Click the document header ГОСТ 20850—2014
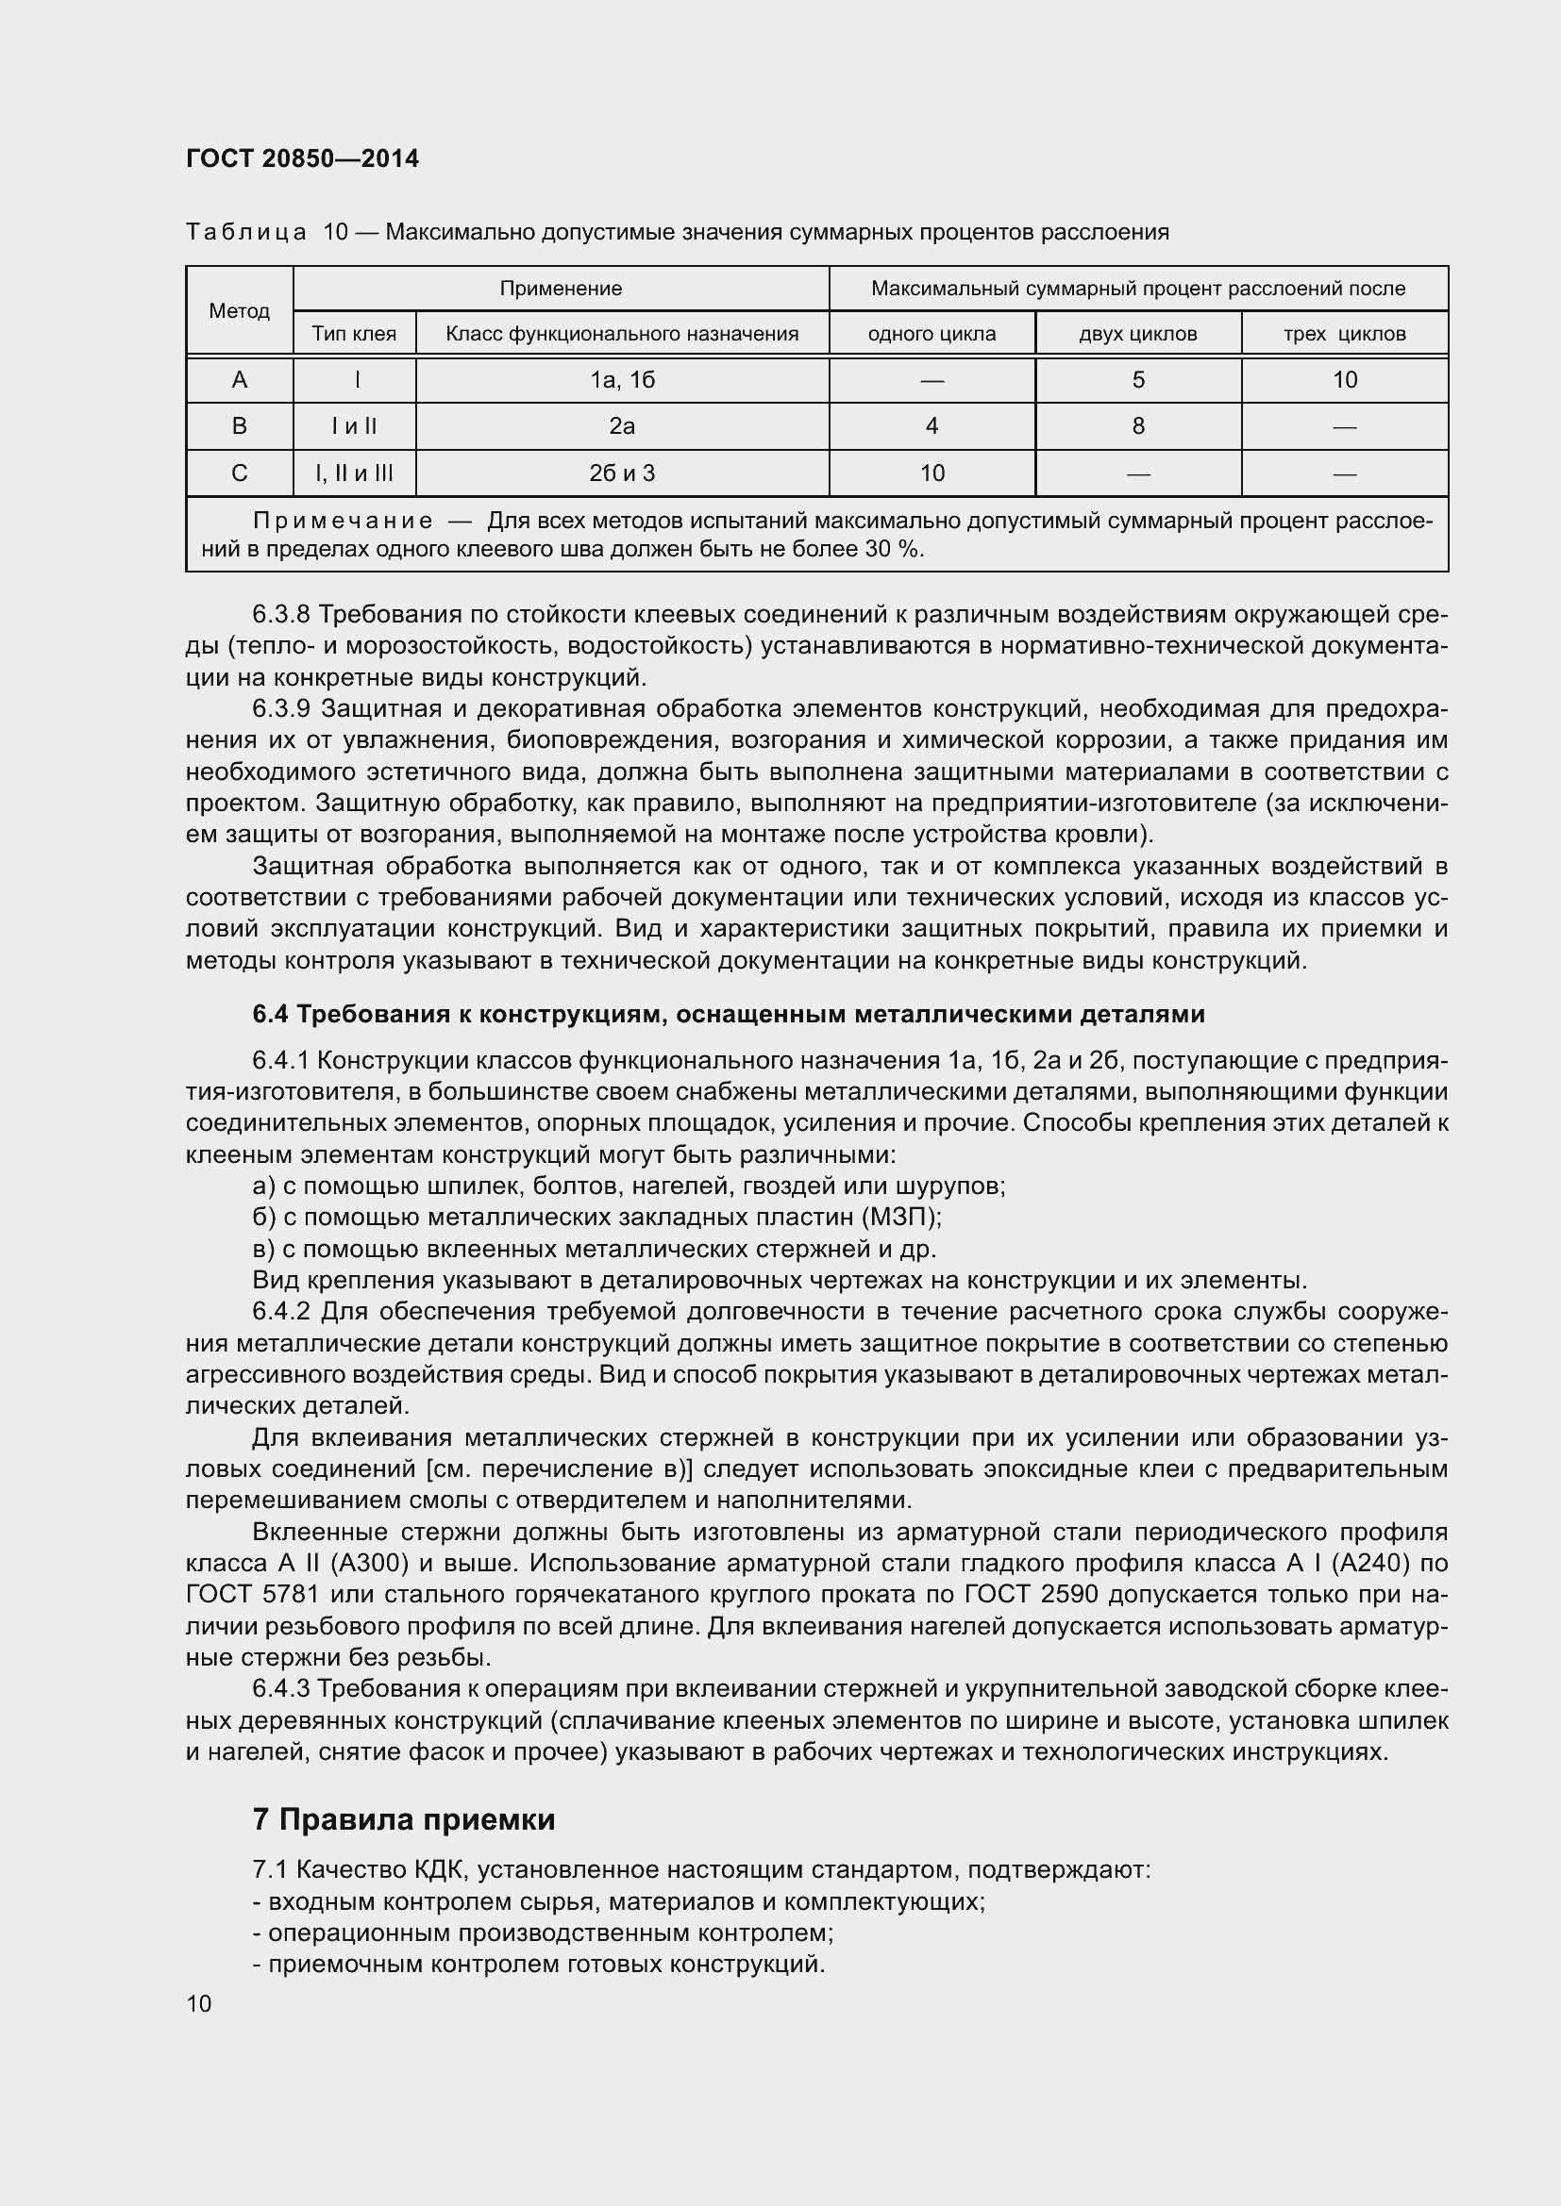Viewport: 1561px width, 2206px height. click(x=303, y=158)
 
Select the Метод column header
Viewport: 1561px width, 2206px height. click(x=240, y=310)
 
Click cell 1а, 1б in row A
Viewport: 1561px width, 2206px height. click(x=622, y=379)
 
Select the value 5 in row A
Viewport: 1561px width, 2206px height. click(x=1138, y=379)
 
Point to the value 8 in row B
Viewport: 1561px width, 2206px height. click(x=1138, y=425)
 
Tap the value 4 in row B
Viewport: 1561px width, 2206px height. click(x=932, y=425)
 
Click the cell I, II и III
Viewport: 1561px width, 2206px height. click(x=354, y=473)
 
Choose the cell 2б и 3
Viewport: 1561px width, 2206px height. click(x=622, y=473)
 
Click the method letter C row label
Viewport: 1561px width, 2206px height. click(x=240, y=473)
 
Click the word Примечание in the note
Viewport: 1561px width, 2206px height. click(x=343, y=521)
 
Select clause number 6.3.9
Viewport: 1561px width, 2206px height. click(x=281, y=708)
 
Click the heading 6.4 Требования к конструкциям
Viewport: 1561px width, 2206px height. click(x=728, y=1014)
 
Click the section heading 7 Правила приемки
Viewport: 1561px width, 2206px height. click(x=404, y=1818)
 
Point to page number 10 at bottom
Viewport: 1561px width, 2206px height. click(x=199, y=2003)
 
